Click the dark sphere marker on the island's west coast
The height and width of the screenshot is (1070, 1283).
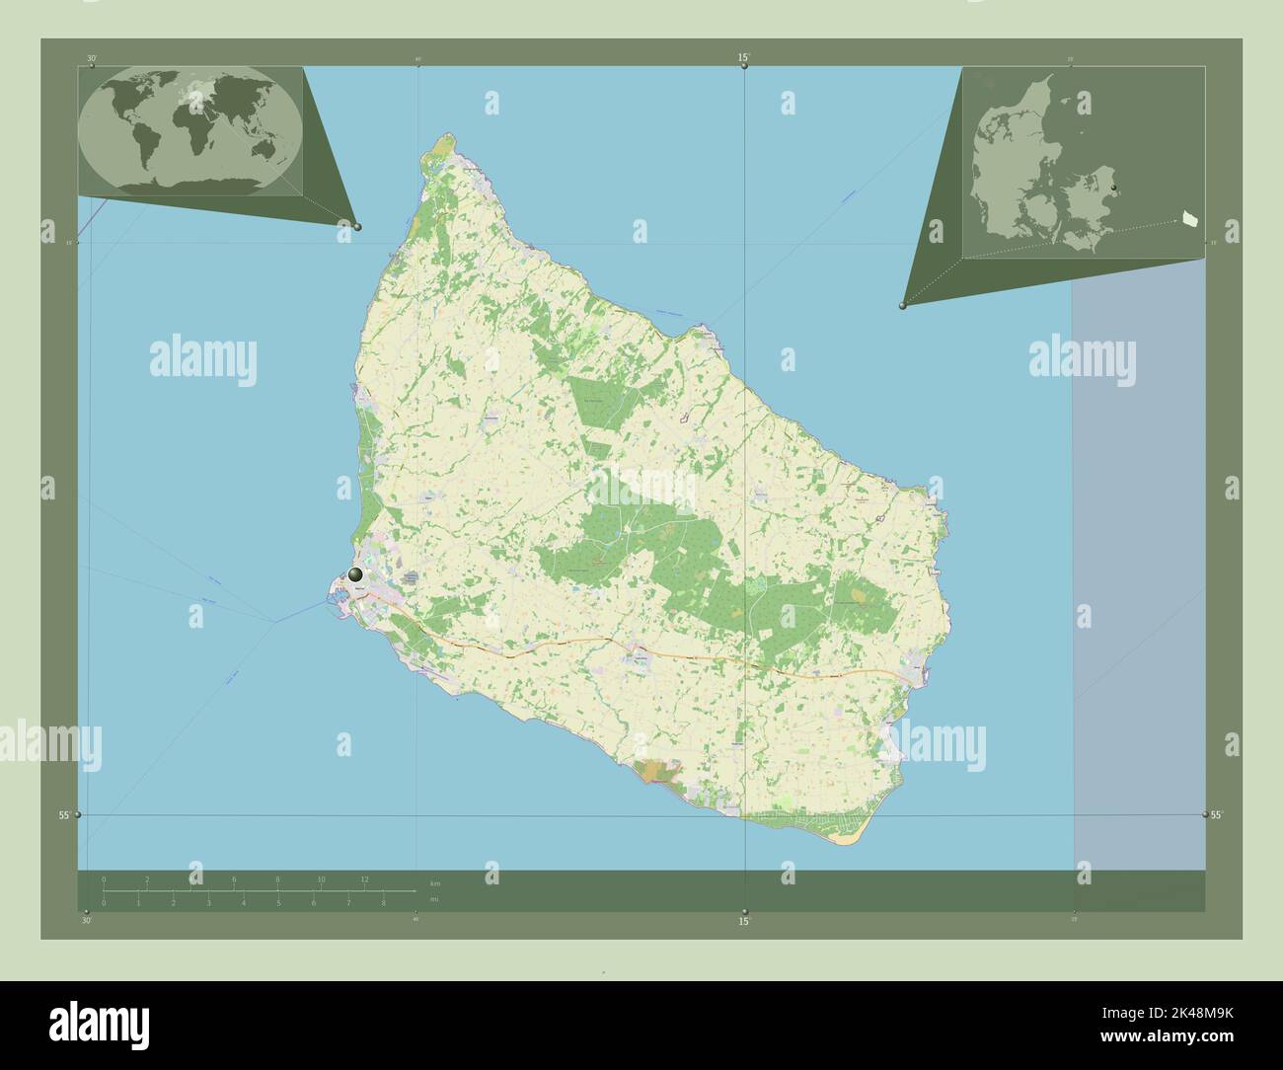355,573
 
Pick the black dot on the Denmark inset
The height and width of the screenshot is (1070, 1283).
1113,187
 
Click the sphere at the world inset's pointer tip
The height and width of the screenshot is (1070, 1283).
357,226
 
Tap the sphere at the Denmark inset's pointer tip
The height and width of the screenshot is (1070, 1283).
902,306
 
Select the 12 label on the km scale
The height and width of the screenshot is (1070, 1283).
365,879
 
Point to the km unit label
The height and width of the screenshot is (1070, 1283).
435,881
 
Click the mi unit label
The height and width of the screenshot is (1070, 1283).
434,899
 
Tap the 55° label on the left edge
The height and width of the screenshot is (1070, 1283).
63,815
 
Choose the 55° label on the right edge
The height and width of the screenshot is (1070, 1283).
1217,815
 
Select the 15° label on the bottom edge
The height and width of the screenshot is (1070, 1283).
744,922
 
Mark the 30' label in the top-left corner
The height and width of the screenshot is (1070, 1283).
91,58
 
